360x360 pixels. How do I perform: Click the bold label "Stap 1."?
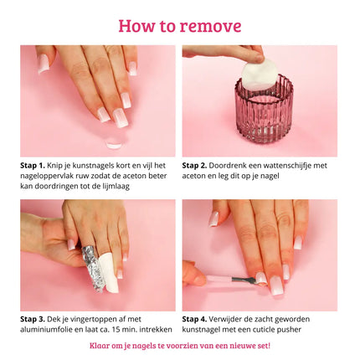34,166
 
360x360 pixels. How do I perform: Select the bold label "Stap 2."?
196,166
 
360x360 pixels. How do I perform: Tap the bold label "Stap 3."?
34,319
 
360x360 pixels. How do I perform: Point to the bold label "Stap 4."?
196,319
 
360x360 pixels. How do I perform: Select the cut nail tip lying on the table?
114,143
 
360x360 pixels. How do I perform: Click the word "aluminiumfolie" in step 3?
49,329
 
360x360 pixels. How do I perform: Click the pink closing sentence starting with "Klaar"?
179,345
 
